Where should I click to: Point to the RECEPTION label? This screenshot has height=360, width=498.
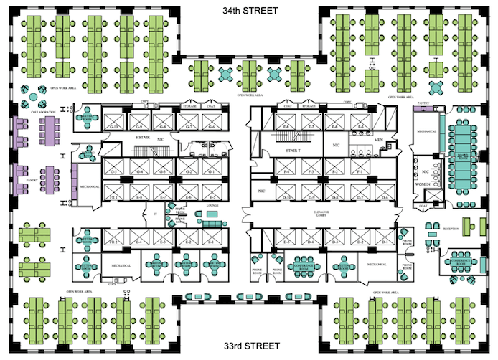click(451, 229)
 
